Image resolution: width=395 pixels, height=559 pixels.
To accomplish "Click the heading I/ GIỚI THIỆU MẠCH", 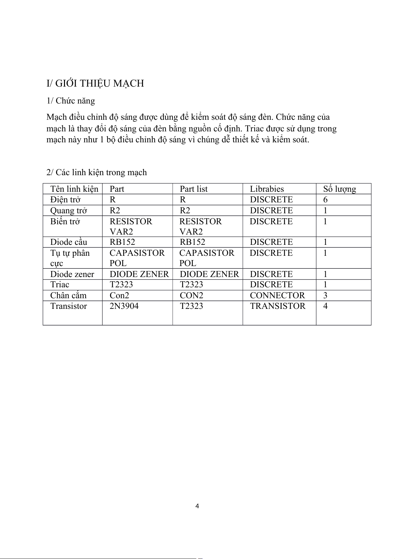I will coord(95,83).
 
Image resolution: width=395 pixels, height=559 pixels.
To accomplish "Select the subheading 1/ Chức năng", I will coord(71,101).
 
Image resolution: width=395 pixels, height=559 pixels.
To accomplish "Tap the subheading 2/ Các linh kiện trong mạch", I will coord(97,173).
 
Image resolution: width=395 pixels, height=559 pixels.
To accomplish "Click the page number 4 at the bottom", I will coord(197,506).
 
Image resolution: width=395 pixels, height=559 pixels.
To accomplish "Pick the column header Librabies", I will coord(267,189).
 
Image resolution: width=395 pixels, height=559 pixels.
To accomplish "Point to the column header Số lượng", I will coord(339,189).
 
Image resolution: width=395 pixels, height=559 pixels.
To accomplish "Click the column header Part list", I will coord(193,189).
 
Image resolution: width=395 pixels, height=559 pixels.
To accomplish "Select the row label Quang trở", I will coord(68,211).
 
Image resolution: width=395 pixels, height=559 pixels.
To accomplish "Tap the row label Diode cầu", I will coord(68,242).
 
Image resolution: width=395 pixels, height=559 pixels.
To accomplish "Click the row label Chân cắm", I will coord(68,296).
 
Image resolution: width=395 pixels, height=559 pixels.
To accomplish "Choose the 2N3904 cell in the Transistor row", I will coord(124,306).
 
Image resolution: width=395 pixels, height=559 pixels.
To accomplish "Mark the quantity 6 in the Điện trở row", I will coord(325,200).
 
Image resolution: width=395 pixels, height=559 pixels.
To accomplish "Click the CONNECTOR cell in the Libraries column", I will coord(277,296).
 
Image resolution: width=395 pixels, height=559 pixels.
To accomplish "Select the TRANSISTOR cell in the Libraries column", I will coord(278,306).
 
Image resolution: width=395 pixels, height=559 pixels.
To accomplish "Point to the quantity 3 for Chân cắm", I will coord(325,296).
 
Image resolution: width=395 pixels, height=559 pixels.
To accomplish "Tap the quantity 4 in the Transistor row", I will coord(325,306).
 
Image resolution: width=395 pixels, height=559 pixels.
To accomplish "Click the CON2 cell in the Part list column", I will coord(191,296).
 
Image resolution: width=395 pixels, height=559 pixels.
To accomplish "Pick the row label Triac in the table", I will coord(60,285).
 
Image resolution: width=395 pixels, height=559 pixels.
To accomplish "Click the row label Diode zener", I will coord(72,274).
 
